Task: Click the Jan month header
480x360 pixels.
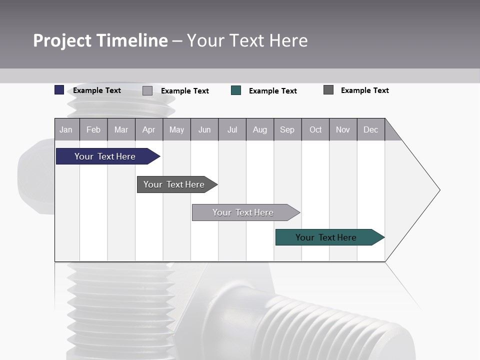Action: point(66,130)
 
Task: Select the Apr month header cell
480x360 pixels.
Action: point(148,130)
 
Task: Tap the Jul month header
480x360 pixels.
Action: point(232,130)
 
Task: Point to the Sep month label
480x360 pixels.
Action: point(287,130)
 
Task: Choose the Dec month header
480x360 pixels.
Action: point(370,130)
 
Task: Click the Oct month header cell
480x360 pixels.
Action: point(315,130)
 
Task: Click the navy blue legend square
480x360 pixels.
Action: point(59,90)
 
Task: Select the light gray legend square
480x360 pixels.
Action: point(147,90)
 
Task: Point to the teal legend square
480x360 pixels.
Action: point(236,90)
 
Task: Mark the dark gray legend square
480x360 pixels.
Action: point(328,90)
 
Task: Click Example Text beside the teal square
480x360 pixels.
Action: point(272,91)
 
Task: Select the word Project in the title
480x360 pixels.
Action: point(62,40)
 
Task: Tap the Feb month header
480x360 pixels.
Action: point(93,130)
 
